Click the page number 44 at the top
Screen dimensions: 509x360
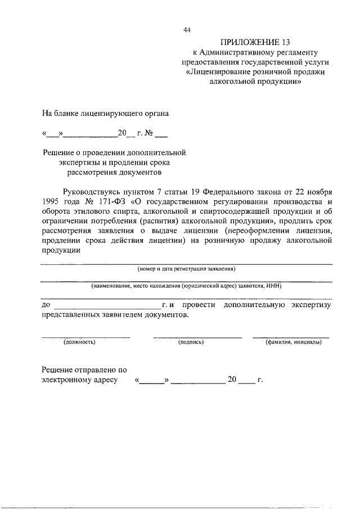click(x=187, y=30)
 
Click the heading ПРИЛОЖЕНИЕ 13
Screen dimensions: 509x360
click(x=248, y=42)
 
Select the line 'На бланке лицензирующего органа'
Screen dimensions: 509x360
click(x=106, y=113)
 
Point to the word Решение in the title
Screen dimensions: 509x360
click(x=60, y=152)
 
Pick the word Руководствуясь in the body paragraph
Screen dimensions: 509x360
click(x=92, y=191)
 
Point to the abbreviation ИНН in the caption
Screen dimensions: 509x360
click(x=274, y=286)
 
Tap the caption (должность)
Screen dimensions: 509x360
click(x=79, y=341)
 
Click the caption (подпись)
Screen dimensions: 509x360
click(x=191, y=341)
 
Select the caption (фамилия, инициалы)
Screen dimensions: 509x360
click(x=294, y=341)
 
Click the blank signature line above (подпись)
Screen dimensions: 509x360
click(x=197, y=337)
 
